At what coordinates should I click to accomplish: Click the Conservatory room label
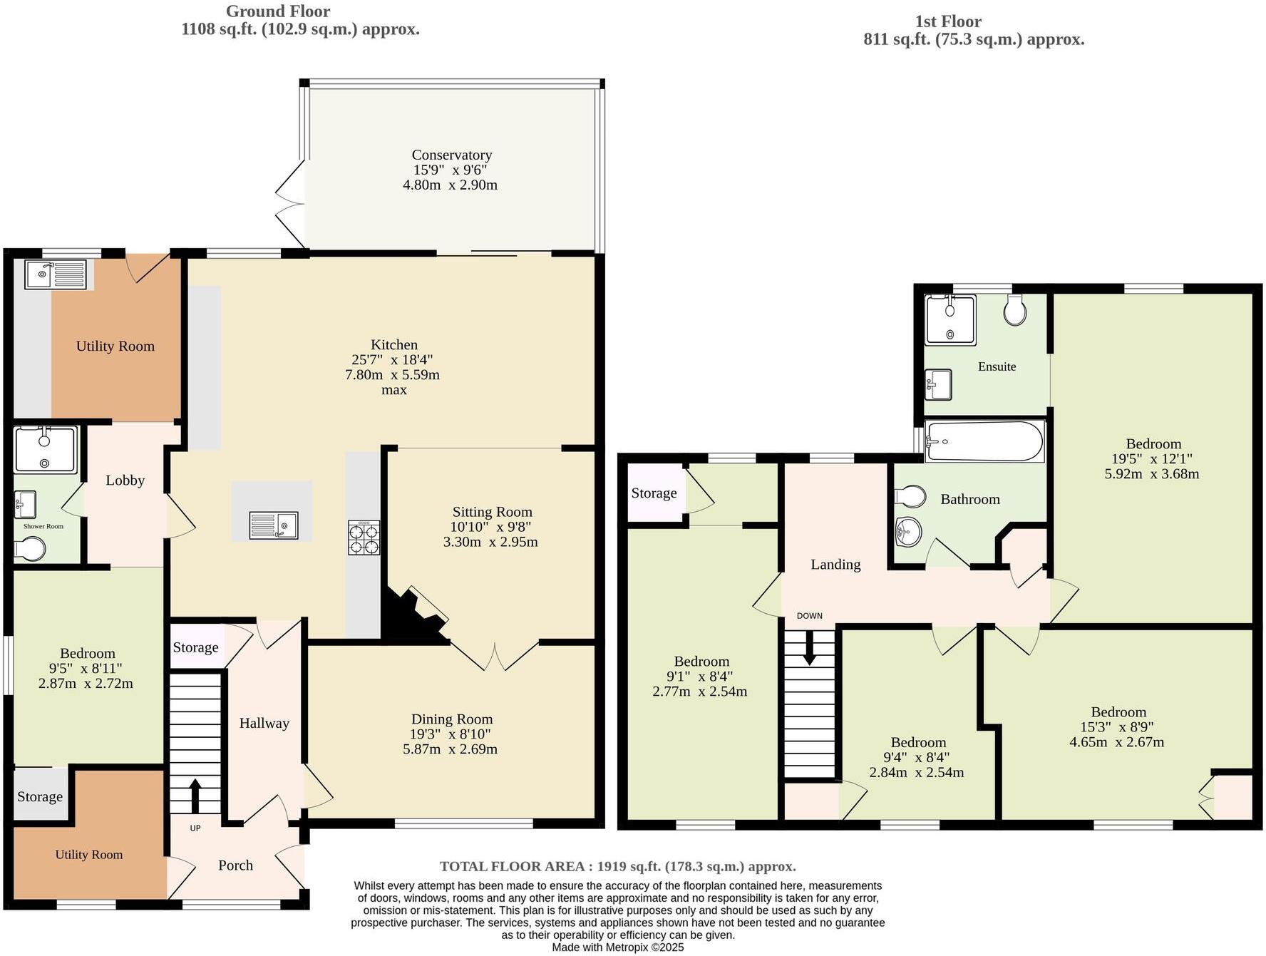(x=451, y=155)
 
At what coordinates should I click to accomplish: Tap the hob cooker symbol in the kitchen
(x=364, y=538)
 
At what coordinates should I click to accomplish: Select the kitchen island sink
(x=274, y=525)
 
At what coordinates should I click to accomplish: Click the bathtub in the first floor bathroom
(x=984, y=441)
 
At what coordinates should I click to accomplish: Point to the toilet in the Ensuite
(x=1014, y=310)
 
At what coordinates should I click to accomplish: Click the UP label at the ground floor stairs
(x=195, y=828)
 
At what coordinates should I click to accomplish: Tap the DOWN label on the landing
(x=809, y=616)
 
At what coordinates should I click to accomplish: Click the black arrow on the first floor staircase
(x=809, y=649)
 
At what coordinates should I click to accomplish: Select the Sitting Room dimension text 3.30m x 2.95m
(x=490, y=542)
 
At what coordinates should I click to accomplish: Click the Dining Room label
(x=451, y=719)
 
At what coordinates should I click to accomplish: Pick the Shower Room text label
(x=43, y=526)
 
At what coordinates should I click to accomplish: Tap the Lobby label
(x=125, y=480)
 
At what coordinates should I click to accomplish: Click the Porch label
(x=235, y=865)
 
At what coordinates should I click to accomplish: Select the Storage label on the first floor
(x=654, y=493)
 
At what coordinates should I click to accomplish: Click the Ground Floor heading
(x=278, y=11)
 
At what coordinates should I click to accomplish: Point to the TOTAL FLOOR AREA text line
(x=617, y=866)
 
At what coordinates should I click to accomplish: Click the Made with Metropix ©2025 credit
(x=617, y=947)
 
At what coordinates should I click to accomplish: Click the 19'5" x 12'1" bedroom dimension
(x=1151, y=459)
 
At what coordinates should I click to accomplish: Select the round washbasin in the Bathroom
(x=908, y=531)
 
